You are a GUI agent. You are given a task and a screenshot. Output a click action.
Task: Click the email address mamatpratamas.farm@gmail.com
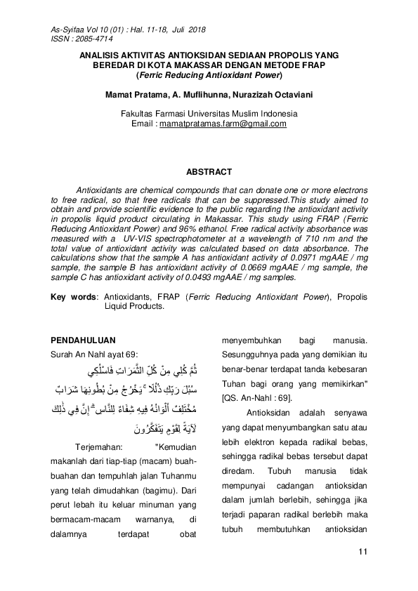coord(223,124)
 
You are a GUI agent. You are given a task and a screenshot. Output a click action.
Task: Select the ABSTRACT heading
coord(209,171)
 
